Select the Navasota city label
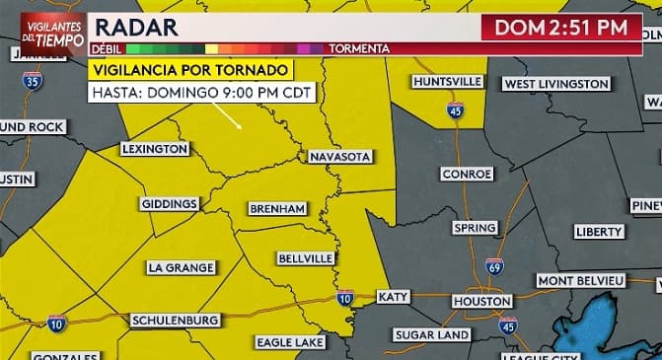tap(338, 157)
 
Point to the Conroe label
tap(466, 174)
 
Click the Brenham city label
tap(277, 209)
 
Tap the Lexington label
tap(155, 149)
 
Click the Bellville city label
tap(305, 258)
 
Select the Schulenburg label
tap(175, 321)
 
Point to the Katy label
tap(393, 296)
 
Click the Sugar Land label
tap(431, 335)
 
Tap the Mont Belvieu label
tap(581, 281)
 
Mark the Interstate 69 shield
tap(494, 266)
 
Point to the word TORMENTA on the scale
tap(358, 48)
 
